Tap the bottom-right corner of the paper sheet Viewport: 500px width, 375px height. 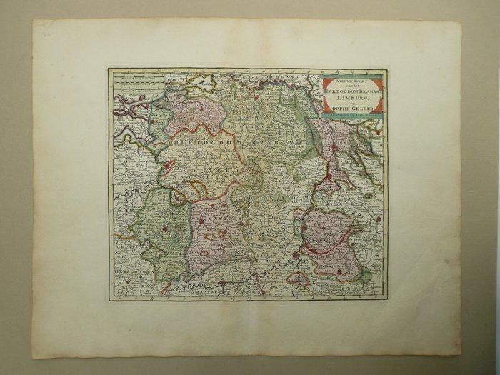461,355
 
